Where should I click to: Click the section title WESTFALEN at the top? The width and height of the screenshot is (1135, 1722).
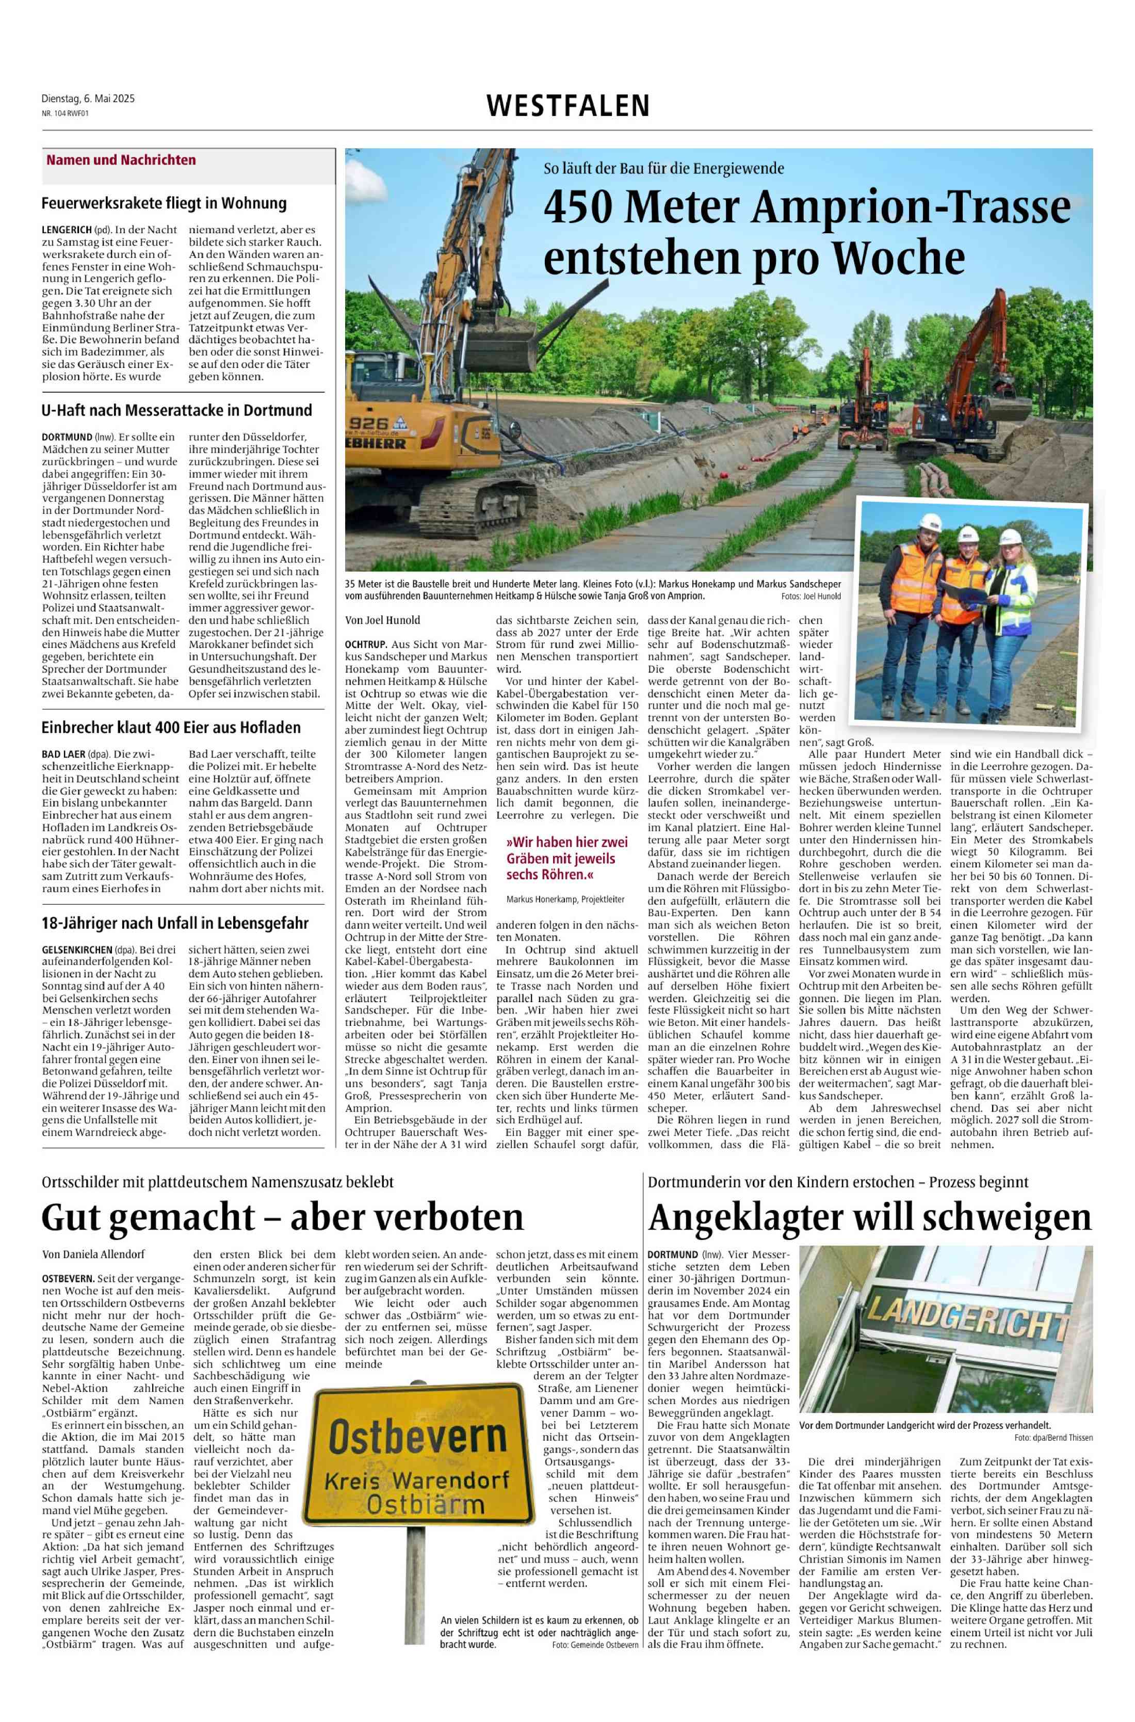click(568, 106)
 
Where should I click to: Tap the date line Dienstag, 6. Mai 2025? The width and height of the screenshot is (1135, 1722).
click(88, 99)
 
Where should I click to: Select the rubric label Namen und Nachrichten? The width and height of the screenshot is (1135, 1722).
click(121, 160)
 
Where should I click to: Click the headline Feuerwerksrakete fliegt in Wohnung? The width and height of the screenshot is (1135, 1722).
click(164, 203)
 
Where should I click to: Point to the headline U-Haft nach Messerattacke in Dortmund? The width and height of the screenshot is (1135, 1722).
click(176, 410)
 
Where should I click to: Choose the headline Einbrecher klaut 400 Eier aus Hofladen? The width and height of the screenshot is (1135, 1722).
click(171, 728)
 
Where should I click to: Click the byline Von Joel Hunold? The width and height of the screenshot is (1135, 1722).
click(383, 620)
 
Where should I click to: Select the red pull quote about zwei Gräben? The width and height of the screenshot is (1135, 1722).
click(567, 859)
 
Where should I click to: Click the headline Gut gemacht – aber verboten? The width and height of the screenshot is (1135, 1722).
click(282, 1217)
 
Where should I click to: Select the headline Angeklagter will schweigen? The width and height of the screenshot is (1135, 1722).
click(869, 1217)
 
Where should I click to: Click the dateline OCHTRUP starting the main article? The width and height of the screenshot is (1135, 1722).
click(366, 643)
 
